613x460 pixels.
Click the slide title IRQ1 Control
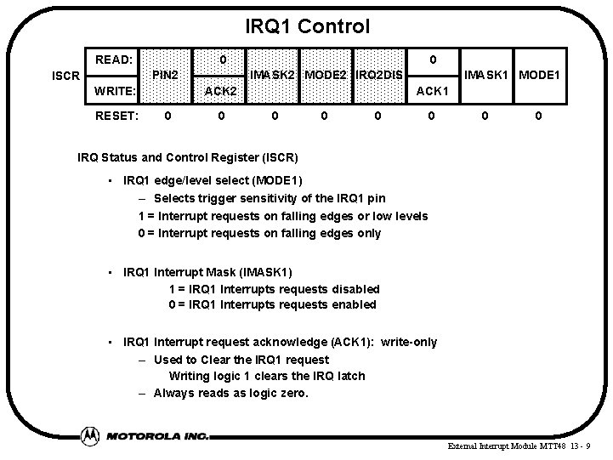point(307,26)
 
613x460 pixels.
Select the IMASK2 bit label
point(272,76)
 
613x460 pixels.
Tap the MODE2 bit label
point(326,76)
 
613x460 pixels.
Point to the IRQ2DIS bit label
point(379,76)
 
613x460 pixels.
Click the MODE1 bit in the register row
point(539,76)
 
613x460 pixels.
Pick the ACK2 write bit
point(220,90)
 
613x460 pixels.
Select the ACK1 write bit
point(432,90)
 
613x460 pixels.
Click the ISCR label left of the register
point(65,76)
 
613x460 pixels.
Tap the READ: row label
point(113,60)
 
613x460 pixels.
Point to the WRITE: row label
point(115,90)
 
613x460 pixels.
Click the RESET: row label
point(117,116)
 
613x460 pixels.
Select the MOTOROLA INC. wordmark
point(157,435)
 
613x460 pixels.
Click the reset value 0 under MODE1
point(538,116)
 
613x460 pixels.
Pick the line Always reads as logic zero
point(230,393)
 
